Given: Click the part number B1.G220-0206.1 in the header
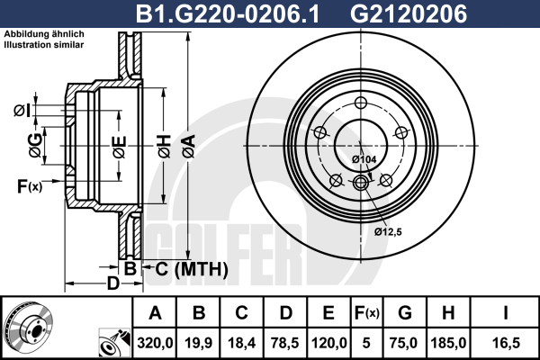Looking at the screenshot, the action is (x=228, y=14).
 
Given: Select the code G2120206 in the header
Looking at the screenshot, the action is (x=409, y=14).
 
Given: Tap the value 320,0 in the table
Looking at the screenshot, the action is (x=155, y=343).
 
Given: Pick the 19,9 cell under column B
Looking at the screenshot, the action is (x=199, y=343).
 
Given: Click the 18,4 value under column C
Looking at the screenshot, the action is (x=242, y=343).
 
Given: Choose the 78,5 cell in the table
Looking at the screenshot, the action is (x=285, y=343).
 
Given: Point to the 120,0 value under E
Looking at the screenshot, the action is (x=328, y=343).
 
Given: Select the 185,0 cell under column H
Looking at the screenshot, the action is (x=448, y=343).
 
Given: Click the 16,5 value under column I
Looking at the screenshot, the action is (x=506, y=343).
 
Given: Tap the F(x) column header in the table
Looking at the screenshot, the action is (x=367, y=313).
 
